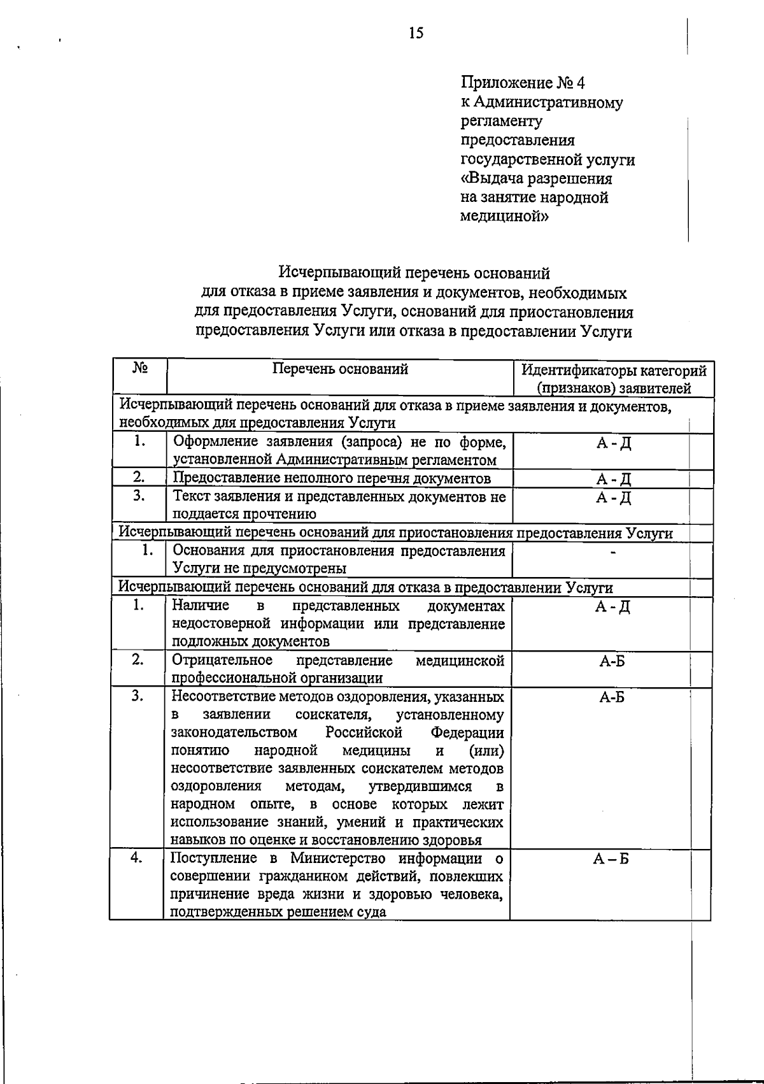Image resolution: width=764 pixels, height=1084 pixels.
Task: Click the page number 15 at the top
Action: pos(416,33)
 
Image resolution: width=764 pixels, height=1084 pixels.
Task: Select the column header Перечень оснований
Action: pos(340,369)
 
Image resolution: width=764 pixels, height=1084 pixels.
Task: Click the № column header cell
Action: pos(141,368)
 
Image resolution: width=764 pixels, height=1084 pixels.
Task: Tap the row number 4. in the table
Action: pos(136,857)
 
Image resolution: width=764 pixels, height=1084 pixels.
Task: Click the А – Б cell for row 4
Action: pos(611,859)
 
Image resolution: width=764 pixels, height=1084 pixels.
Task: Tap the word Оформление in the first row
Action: pos(211,442)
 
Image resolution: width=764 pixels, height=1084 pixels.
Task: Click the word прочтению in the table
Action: pos(281,514)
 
